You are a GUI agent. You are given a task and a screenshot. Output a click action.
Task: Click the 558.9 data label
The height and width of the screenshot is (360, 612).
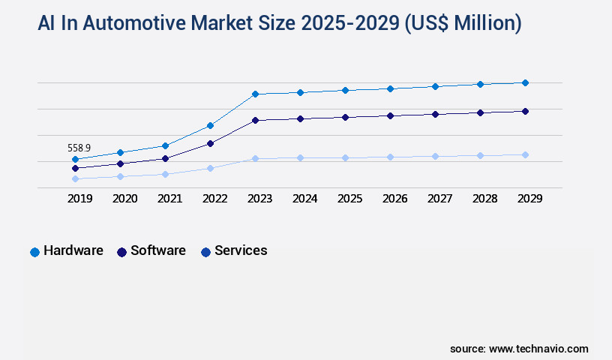pos(79,148)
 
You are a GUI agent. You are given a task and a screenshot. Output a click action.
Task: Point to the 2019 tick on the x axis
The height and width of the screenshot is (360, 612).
pos(79,199)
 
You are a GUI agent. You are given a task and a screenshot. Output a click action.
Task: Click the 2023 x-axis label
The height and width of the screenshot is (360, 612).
pos(259,199)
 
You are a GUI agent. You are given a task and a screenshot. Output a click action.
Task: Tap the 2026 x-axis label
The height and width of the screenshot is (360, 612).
pos(394,199)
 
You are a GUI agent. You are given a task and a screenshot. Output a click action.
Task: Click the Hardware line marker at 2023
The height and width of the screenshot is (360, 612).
pos(255,94)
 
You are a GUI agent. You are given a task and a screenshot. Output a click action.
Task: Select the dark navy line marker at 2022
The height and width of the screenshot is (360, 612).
pos(210,143)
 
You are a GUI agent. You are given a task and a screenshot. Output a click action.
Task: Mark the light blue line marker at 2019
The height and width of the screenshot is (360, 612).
pos(75,178)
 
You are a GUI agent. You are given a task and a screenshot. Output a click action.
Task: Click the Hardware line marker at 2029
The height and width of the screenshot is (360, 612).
pos(525,82)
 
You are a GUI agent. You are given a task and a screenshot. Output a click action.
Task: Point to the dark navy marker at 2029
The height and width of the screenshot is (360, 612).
pos(525,111)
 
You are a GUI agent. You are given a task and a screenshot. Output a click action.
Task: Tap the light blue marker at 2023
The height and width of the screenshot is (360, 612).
pos(255,158)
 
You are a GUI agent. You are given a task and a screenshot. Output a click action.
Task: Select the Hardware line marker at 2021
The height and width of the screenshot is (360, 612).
pos(165,145)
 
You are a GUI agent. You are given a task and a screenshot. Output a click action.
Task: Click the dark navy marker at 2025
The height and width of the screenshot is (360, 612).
pos(345,117)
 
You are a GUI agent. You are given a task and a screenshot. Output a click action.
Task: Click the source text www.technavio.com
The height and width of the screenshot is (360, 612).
pos(538,349)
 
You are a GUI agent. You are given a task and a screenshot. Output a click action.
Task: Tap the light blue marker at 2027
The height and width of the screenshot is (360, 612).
pos(435,156)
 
